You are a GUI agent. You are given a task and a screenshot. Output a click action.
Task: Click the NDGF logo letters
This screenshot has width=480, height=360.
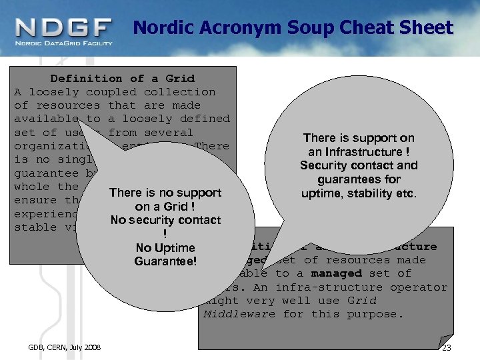[64, 27]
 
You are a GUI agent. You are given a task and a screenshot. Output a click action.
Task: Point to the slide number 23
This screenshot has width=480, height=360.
[447, 348]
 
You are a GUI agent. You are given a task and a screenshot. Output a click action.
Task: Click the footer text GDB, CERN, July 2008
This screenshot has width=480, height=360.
[65, 348]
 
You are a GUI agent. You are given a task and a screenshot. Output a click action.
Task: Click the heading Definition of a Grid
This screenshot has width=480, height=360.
[122, 79]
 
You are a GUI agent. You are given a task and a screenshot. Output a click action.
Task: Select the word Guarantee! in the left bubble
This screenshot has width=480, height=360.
[165, 261]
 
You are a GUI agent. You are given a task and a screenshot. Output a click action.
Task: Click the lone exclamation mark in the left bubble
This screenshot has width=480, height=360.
[165, 234]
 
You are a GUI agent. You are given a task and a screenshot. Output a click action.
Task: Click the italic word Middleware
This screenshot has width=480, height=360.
[239, 314]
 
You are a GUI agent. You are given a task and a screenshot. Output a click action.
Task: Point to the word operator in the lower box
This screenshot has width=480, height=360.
[419, 287]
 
